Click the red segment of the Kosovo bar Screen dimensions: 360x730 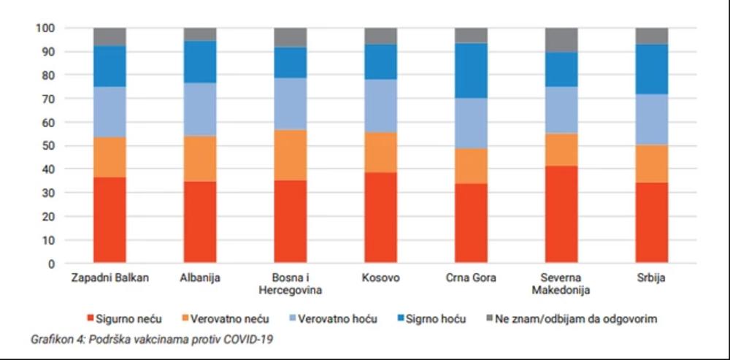tap(380, 218)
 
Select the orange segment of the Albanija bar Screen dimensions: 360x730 tap(199, 158)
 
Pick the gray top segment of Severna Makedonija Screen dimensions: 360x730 tap(561, 39)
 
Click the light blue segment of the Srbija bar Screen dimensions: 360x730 tap(651, 119)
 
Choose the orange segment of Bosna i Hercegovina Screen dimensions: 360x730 tap(290, 155)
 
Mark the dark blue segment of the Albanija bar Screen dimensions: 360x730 tap(199, 61)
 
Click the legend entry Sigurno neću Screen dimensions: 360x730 tap(128, 319)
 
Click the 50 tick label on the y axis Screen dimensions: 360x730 tap(47, 145)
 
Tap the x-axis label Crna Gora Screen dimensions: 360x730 tap(471, 278)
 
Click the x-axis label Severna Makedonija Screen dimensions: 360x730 tap(561, 284)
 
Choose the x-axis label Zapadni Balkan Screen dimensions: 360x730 tap(109, 278)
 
